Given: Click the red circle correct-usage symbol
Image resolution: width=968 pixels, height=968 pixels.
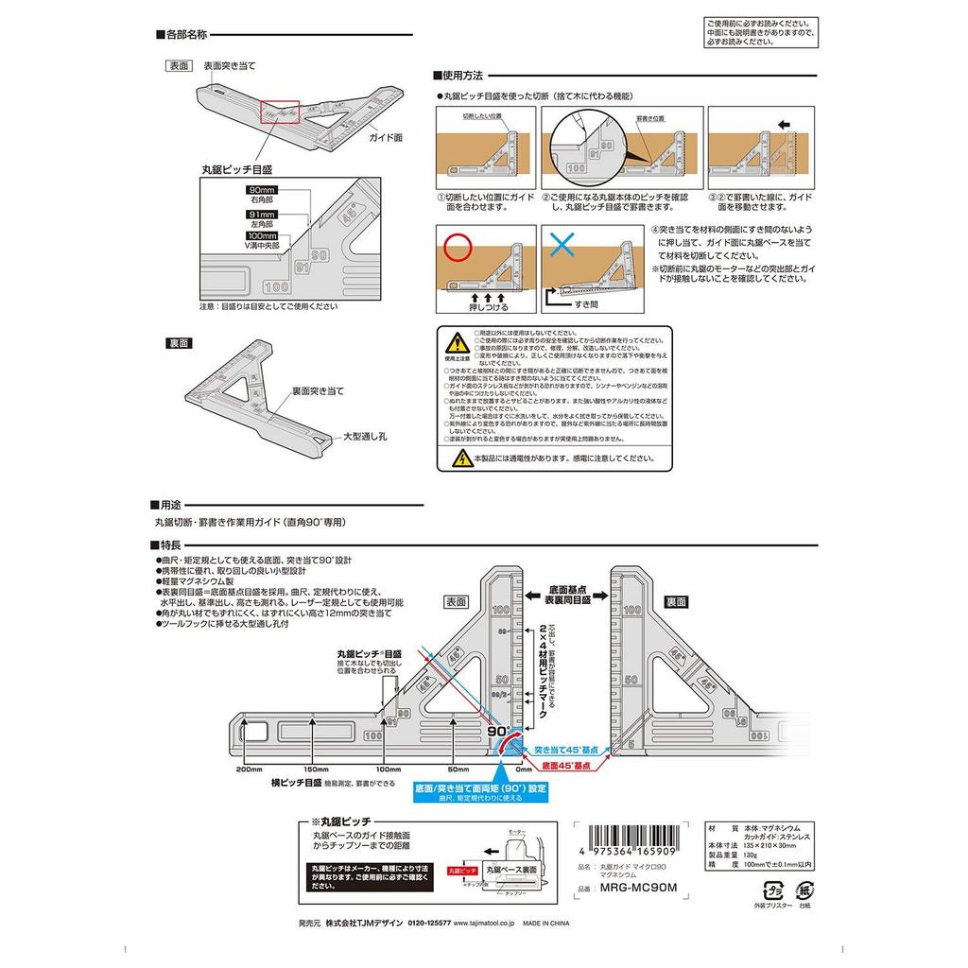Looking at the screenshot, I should (x=458, y=248).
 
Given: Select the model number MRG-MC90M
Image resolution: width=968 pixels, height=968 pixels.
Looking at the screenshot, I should (x=640, y=888).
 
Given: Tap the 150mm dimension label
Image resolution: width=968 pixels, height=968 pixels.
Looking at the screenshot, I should (x=315, y=770).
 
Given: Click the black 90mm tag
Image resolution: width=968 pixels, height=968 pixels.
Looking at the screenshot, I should (x=259, y=190).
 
